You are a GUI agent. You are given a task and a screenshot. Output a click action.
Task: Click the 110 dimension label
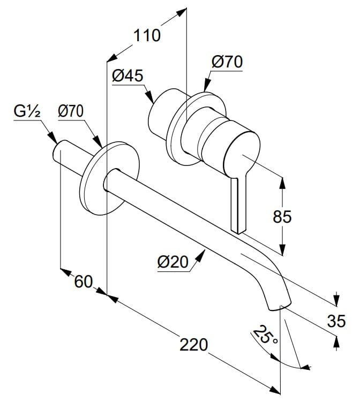(x=147, y=35)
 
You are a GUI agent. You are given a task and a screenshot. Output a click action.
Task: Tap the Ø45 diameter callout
(x=127, y=76)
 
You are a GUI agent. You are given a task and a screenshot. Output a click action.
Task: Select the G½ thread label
(x=27, y=111)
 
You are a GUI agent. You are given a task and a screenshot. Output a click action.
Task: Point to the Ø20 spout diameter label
(x=172, y=262)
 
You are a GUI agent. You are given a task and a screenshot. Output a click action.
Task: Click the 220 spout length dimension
(x=193, y=344)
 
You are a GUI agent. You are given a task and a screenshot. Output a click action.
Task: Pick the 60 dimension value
(x=84, y=282)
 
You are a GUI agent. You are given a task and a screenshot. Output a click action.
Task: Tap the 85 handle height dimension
(x=282, y=216)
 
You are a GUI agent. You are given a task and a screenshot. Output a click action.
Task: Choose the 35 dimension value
(x=336, y=321)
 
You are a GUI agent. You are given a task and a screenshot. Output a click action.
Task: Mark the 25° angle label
(x=265, y=335)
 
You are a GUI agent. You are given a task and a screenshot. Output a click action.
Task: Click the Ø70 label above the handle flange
(x=227, y=62)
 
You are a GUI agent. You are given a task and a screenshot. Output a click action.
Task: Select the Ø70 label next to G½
(x=71, y=111)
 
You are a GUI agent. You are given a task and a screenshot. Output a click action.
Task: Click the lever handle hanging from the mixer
(x=238, y=204)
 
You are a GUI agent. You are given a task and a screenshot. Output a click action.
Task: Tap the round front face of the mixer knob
(x=242, y=154)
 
